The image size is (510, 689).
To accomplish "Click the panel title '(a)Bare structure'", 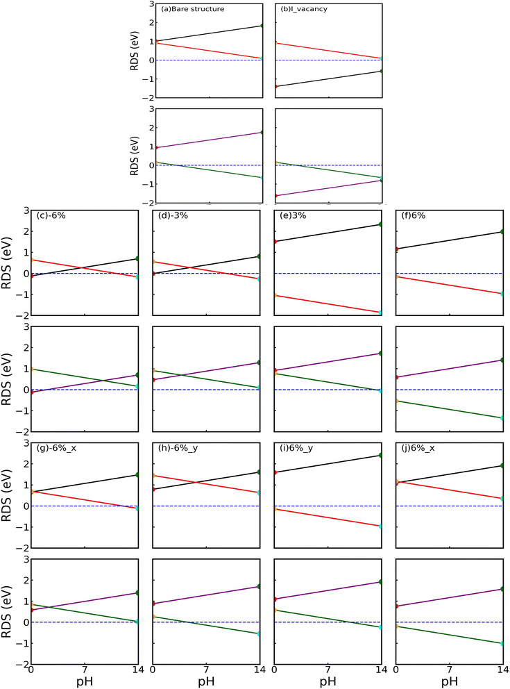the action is [x=193, y=9].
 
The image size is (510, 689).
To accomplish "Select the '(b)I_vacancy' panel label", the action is [x=304, y=9].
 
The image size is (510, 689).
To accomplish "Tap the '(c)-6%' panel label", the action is [x=51, y=215].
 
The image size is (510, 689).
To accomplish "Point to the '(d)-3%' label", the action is [x=173, y=215].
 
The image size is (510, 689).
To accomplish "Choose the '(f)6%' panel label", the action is [x=414, y=215].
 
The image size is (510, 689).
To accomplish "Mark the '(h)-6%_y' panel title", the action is [x=178, y=448].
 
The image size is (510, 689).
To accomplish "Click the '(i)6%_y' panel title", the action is [x=296, y=448].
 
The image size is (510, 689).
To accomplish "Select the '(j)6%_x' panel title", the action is [x=418, y=448].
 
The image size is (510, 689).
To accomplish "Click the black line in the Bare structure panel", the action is [x=210, y=33].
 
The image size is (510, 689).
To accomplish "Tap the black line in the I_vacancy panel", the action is [x=329, y=78].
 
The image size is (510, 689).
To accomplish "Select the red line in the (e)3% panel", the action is [x=328, y=304].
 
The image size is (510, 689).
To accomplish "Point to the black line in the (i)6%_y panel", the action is [x=328, y=463].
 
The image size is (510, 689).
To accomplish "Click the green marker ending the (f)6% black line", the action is [x=502, y=231].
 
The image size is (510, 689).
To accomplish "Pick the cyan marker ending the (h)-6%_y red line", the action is [x=259, y=492].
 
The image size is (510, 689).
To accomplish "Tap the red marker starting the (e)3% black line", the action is [x=275, y=241].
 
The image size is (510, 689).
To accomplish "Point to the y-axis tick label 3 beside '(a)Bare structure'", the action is [x=151, y=4].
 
